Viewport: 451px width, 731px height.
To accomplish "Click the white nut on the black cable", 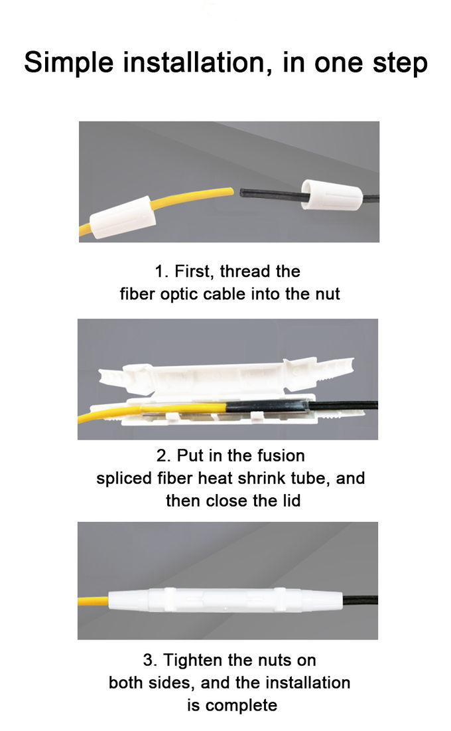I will click(332, 194).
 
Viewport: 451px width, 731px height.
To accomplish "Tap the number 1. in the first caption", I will click(161, 272).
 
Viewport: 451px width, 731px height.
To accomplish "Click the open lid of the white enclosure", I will click(225, 377).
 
